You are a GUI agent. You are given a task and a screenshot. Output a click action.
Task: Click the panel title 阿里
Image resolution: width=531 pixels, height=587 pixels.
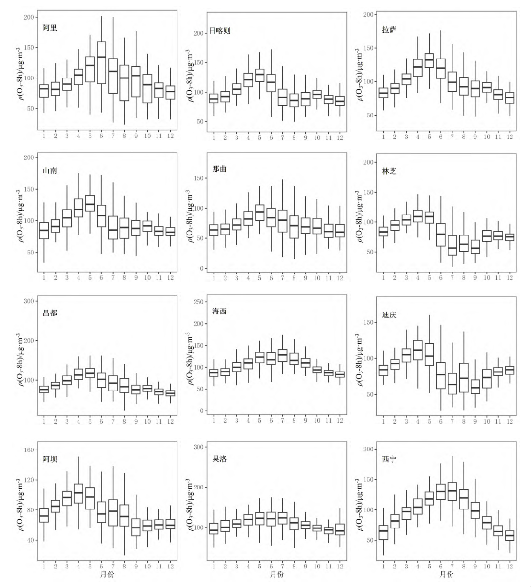50,28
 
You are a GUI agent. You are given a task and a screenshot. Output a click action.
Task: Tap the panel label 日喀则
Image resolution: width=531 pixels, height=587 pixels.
219,31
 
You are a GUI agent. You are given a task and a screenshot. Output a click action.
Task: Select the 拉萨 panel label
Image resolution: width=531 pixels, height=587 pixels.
389,29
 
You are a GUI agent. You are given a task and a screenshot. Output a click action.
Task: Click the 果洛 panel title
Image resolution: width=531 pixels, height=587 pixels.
219,459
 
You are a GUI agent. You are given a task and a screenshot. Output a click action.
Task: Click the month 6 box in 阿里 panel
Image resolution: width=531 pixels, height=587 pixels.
101,62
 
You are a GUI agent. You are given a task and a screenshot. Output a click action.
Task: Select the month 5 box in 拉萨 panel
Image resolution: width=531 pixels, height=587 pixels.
429,60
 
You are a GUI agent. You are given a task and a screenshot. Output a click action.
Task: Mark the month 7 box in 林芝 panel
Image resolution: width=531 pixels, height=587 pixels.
452,246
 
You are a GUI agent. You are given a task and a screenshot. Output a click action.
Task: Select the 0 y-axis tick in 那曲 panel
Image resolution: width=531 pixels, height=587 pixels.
200,269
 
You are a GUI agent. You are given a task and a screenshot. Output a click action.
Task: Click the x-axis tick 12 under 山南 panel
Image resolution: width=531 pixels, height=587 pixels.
170,278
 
